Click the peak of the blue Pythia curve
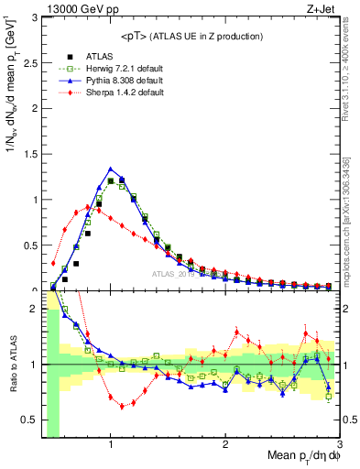coord(111,169)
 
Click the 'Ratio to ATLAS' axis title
coord(11,364)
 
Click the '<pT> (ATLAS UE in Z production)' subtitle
coord(191,36)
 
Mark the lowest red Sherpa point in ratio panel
coord(122,407)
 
